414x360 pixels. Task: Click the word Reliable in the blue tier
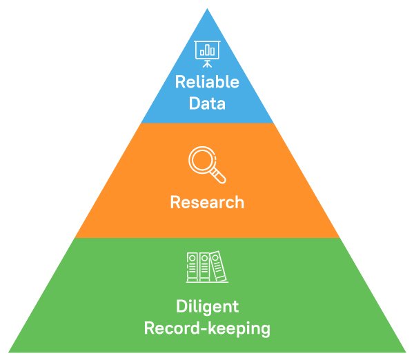(x=207, y=83)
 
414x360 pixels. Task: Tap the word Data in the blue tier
(x=207, y=106)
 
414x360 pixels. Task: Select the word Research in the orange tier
(x=207, y=203)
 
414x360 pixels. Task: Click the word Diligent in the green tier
(x=207, y=306)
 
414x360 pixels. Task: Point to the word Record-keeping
(x=207, y=328)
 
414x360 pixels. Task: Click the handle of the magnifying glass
(x=219, y=178)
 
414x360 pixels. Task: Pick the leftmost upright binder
(x=193, y=267)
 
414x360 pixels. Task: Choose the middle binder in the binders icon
(x=204, y=267)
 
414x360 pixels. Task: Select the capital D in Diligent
(x=181, y=306)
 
